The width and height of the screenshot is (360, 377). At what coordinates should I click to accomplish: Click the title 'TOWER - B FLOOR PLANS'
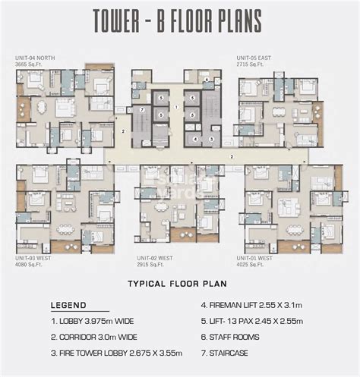[x=180, y=22]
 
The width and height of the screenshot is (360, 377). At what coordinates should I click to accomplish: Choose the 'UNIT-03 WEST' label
[x=33, y=259]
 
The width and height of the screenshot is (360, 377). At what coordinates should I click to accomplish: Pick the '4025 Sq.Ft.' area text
[x=261, y=265]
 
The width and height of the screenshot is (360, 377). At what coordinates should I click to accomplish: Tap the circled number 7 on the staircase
[x=141, y=110]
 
